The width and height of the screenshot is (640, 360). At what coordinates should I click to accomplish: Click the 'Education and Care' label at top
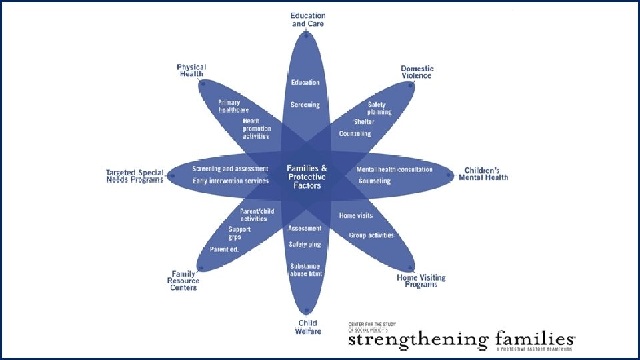[308, 19]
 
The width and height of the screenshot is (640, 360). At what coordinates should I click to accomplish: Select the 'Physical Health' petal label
[191, 71]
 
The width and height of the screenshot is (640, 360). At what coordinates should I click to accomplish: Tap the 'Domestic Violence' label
[417, 72]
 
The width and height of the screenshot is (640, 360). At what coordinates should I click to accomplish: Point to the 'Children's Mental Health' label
[486, 174]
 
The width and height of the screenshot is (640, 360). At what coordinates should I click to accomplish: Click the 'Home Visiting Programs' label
[421, 281]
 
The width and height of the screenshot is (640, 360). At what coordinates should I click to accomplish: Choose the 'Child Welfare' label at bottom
[308, 327]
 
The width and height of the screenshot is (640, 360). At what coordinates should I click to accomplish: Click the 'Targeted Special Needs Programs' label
[135, 177]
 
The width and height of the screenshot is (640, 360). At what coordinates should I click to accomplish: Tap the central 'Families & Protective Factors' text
[307, 177]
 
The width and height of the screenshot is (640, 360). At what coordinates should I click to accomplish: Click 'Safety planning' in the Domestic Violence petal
[380, 108]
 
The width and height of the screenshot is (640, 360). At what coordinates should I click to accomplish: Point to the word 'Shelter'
[364, 122]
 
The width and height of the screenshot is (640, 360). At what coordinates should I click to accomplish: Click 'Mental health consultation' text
[395, 169]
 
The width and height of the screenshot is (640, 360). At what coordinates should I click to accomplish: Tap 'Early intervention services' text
[230, 181]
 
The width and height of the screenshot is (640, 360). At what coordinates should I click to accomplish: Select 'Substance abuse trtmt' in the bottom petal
[305, 270]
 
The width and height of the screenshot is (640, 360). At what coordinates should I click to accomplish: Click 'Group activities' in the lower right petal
[371, 235]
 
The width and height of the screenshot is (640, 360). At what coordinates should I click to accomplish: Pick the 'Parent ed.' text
[224, 249]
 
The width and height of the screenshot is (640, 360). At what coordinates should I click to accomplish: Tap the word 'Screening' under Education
[305, 105]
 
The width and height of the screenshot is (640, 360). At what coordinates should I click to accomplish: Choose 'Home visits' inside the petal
[355, 215]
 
